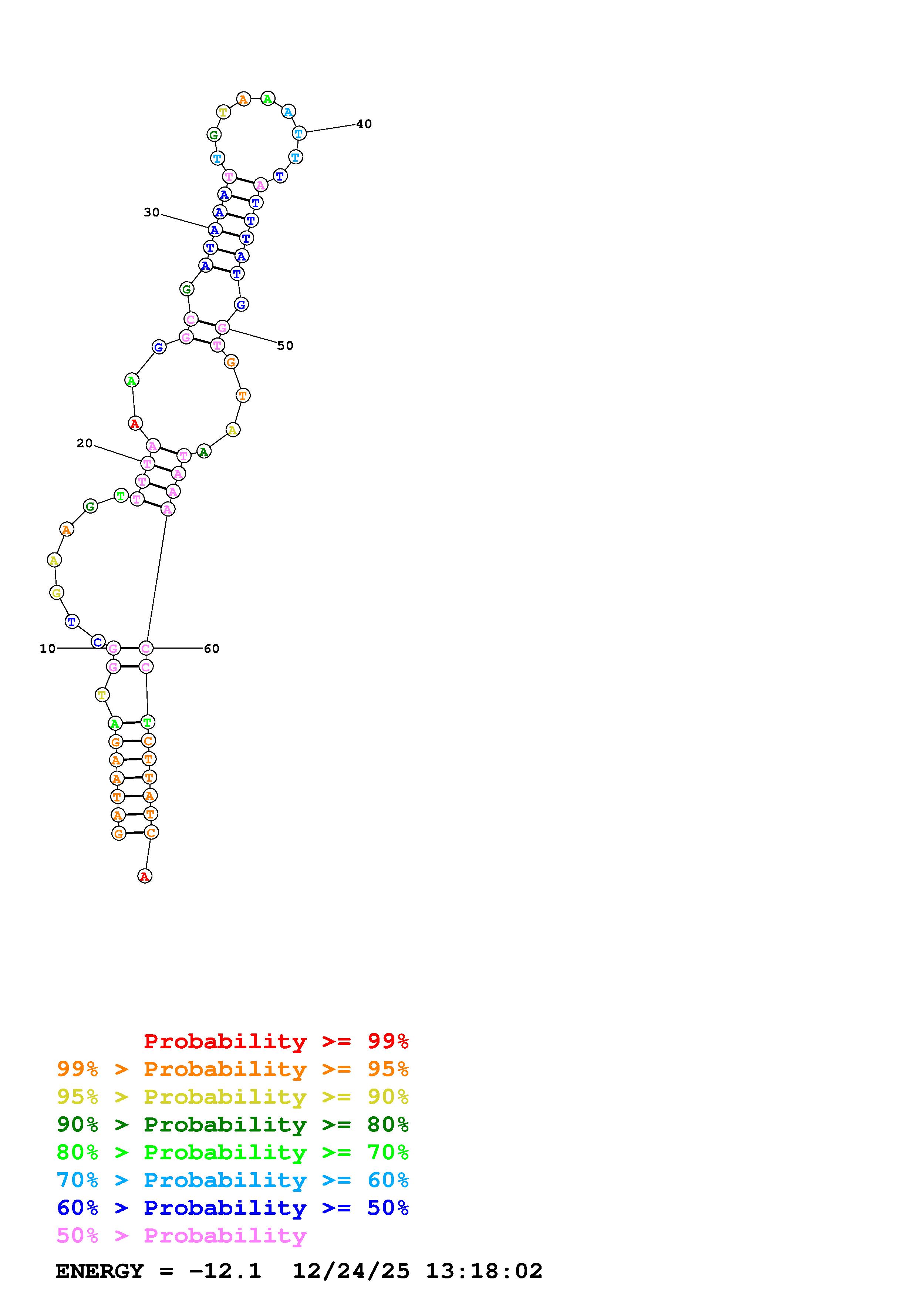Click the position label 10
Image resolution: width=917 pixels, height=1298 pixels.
[47, 648]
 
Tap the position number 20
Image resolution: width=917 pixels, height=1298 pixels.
[84, 443]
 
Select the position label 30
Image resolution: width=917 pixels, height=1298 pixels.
[151, 212]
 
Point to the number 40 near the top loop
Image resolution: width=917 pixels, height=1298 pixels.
[364, 124]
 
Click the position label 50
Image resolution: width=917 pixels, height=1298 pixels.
[285, 346]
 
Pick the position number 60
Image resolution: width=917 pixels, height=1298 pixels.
[211, 648]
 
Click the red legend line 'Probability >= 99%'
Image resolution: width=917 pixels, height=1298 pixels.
[276, 1041]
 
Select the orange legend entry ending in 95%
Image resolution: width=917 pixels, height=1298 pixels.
[233, 1069]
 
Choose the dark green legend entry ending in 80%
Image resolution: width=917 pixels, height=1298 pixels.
[233, 1124]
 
